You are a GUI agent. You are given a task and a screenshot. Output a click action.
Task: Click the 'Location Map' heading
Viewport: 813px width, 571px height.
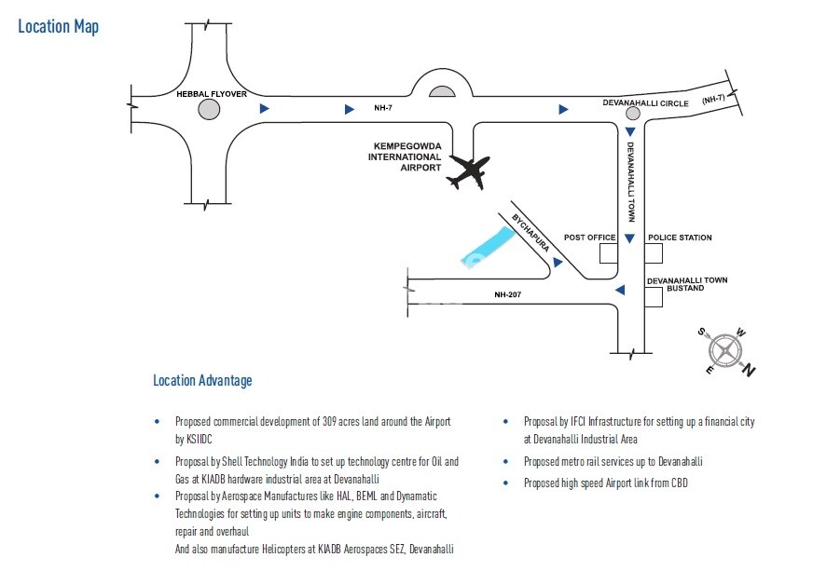(x=58, y=26)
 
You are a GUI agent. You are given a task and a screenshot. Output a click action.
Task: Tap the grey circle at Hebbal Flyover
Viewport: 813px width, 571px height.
(x=209, y=110)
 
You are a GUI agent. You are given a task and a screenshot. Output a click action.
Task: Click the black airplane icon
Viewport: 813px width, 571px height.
(x=469, y=172)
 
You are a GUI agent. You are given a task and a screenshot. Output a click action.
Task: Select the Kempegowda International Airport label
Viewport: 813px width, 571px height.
(x=407, y=156)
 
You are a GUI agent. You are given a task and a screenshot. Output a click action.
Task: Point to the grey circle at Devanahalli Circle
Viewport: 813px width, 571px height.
(x=632, y=114)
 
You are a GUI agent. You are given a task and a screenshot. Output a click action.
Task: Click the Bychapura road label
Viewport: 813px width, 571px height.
(x=529, y=236)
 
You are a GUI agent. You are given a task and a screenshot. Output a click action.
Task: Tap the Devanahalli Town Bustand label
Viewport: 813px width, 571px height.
(x=687, y=284)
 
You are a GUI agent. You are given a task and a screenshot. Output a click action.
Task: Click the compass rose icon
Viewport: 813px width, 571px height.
(x=725, y=351)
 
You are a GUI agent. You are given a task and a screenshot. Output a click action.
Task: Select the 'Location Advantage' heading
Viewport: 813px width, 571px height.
(x=202, y=380)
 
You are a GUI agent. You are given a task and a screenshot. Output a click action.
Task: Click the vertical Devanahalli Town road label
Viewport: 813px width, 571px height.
(x=630, y=181)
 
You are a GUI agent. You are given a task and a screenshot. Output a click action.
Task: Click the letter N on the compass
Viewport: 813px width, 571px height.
(x=750, y=371)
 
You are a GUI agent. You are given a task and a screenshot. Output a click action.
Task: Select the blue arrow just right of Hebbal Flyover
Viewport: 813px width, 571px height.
(x=265, y=109)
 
